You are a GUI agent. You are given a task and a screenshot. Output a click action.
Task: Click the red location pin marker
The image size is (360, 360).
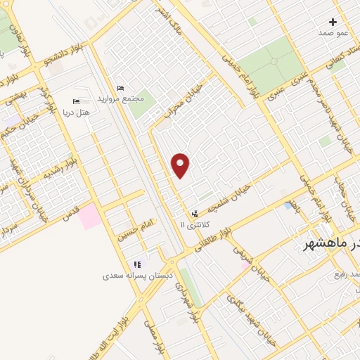pyautogui.click(x=181, y=165)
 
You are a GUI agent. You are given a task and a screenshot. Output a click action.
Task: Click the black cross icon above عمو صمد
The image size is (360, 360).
pyautogui.click(x=333, y=22)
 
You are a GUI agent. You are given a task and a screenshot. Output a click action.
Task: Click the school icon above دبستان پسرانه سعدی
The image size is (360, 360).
pyautogui.click(x=137, y=264)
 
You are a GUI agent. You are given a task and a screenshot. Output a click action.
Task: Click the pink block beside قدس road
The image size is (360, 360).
pyautogui.click(x=89, y=217)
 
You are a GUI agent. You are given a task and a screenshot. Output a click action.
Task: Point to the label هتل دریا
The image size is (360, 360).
pyautogui.click(x=76, y=112)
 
